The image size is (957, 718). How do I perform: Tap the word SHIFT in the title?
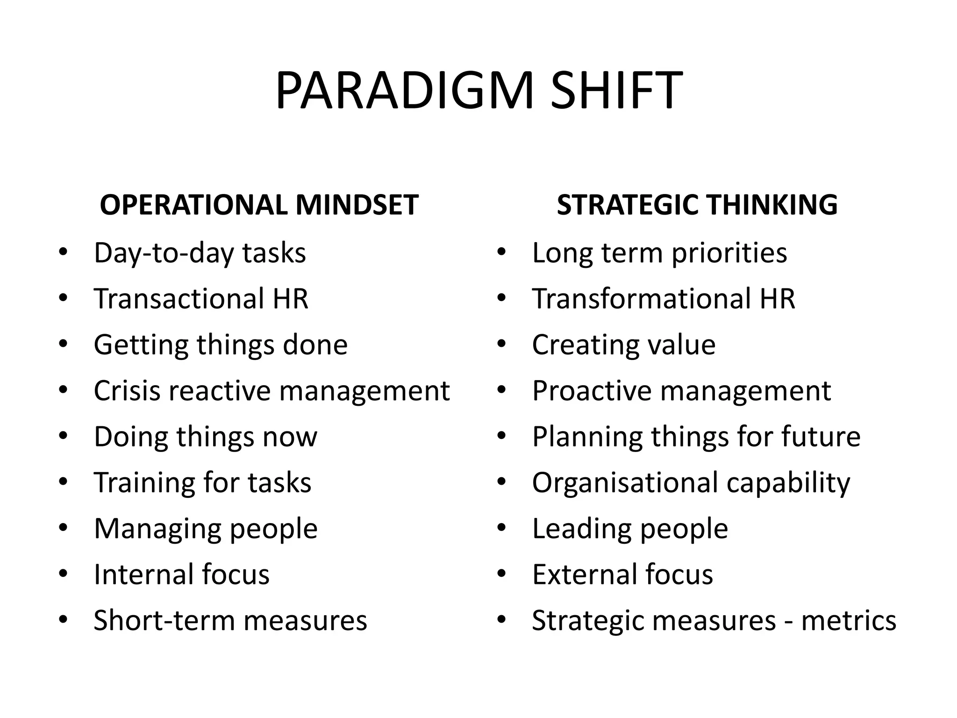click(x=616, y=91)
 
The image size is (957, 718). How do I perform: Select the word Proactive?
click(x=592, y=390)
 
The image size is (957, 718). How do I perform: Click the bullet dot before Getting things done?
click(x=64, y=344)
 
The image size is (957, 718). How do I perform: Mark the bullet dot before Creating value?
click(x=502, y=344)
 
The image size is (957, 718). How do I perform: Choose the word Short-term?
click(x=164, y=620)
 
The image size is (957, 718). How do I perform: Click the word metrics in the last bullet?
click(x=849, y=620)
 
